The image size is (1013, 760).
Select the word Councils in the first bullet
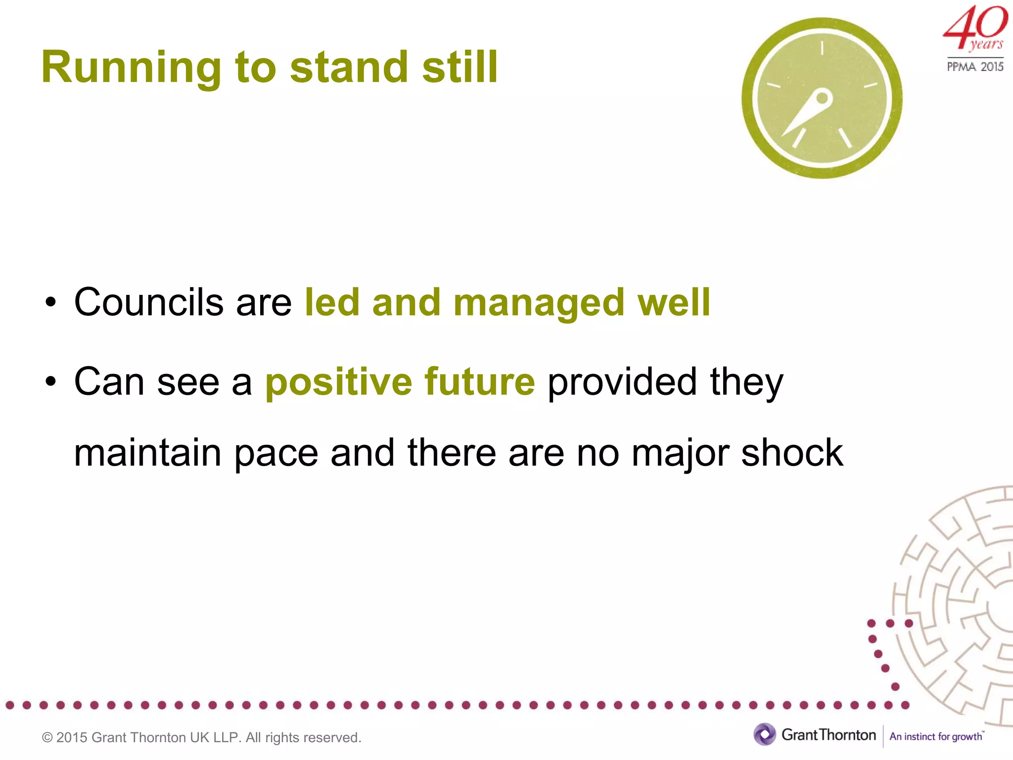148,302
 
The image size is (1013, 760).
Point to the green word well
674,302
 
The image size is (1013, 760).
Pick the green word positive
338,382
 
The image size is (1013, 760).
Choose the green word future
479,381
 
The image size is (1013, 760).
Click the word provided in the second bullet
622,382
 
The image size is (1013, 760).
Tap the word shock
792,453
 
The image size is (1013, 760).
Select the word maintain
147,453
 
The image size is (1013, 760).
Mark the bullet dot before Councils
50,303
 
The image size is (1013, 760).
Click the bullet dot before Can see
50,382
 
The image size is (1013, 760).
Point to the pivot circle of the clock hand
822,98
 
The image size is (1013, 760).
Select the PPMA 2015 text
975,66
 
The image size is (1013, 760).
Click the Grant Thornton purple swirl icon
765,735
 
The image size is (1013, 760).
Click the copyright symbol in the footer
47,738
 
